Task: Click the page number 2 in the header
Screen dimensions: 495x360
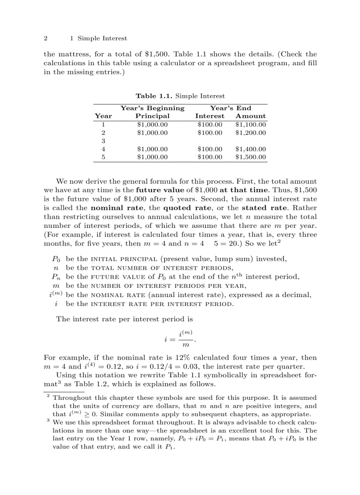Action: [45, 38]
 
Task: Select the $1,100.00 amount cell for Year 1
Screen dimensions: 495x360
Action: [250, 124]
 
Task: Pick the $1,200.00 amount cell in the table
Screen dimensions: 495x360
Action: [250, 132]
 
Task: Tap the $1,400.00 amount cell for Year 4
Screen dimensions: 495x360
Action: [250, 149]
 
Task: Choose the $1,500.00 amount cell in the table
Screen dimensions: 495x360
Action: [250, 157]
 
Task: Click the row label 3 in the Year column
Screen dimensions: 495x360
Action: [103, 141]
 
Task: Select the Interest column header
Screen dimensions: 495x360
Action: [210, 116]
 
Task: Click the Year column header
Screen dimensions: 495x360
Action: [103, 116]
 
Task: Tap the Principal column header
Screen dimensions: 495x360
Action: [152, 116]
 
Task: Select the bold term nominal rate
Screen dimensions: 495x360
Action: [110, 208]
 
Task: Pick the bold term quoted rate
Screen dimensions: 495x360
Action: [183, 208]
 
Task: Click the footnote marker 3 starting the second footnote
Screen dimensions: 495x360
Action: [48, 420]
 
